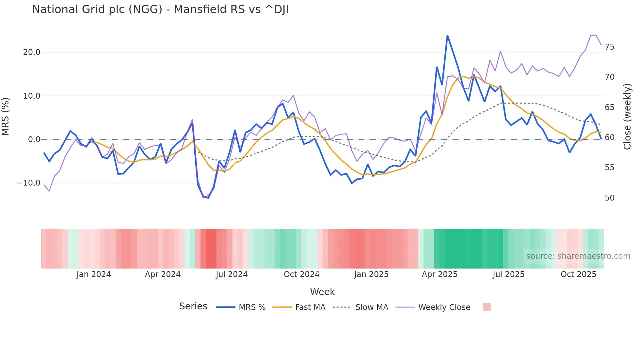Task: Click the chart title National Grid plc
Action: (160, 9)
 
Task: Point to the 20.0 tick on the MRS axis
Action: (32, 52)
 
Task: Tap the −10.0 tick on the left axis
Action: (29, 183)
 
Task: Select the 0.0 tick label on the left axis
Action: (34, 139)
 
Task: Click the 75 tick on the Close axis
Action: (609, 47)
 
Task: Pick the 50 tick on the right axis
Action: (609, 198)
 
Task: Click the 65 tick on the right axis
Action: (609, 107)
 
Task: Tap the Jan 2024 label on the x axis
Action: (94, 274)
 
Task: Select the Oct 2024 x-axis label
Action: (301, 274)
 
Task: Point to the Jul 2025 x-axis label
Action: (508, 274)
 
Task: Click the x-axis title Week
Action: (322, 292)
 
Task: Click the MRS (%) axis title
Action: (6, 117)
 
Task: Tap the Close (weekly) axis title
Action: (627, 117)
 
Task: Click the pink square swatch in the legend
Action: (487, 307)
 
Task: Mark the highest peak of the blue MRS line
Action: (447, 35)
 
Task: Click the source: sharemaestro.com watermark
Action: (578, 256)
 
